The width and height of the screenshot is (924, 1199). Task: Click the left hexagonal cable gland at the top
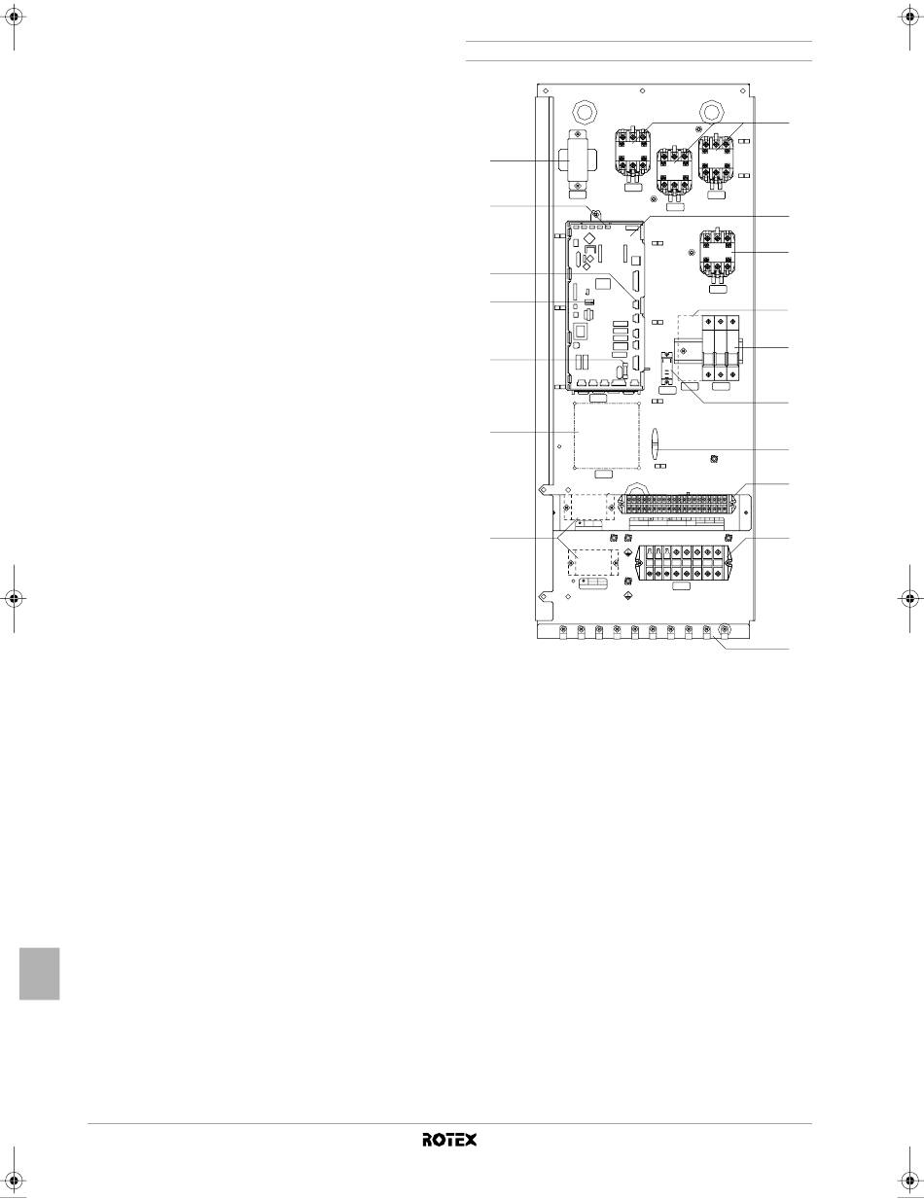click(x=584, y=111)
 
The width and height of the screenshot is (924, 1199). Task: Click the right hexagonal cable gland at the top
click(x=711, y=111)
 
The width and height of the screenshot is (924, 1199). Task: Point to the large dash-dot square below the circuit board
click(x=607, y=436)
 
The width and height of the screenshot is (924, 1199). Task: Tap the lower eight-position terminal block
click(x=680, y=563)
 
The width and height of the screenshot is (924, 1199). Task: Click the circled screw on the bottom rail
click(x=725, y=629)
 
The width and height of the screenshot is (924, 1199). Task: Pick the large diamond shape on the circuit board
click(x=589, y=238)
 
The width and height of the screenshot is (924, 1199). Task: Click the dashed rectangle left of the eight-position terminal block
click(x=593, y=562)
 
